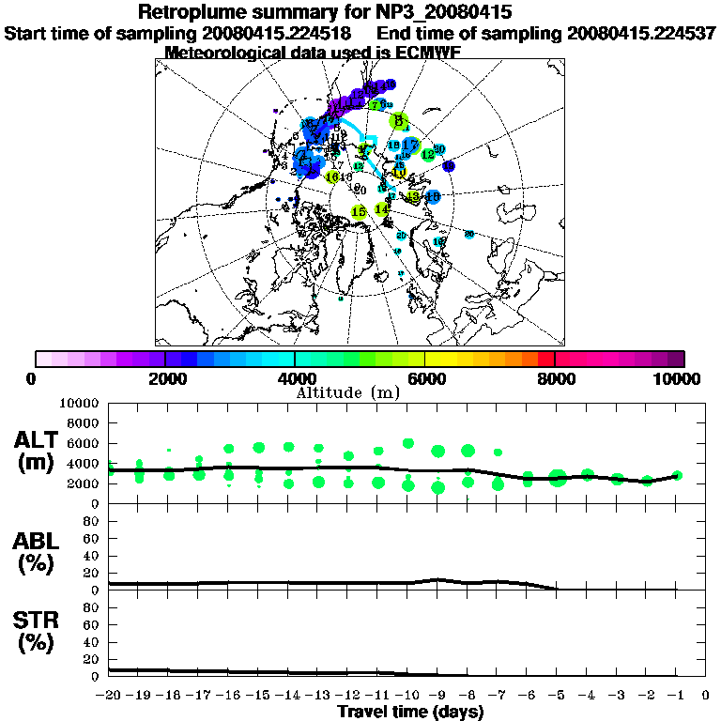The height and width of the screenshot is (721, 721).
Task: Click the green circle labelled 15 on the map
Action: pos(358,212)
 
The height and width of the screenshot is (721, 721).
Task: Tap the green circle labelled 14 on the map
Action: pos(382,208)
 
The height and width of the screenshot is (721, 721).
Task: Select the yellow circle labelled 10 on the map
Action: pos(399,173)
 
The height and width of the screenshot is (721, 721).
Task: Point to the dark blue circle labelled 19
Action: pos(449,166)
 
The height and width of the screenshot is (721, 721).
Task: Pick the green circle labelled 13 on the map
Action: pos(412,197)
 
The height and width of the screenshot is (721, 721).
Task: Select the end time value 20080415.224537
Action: pos(641,33)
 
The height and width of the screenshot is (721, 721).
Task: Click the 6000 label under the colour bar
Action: pos(424,378)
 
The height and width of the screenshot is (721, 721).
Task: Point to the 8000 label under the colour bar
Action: pos(555,378)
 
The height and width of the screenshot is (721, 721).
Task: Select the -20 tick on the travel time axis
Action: pos(109,695)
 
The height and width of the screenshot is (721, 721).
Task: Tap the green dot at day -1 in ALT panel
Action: pos(676,476)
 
